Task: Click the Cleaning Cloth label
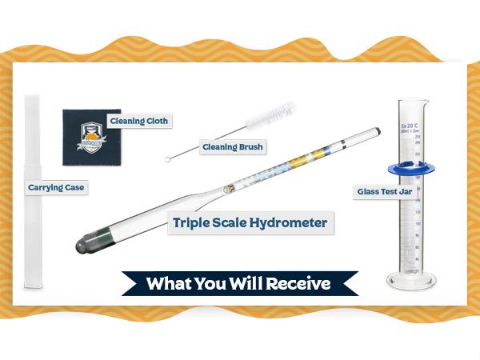coord(145,121)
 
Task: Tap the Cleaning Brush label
coord(231,147)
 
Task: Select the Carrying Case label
coord(56,188)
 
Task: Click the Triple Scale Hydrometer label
coord(250,222)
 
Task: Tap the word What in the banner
coord(169,283)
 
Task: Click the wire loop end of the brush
coord(168,160)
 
